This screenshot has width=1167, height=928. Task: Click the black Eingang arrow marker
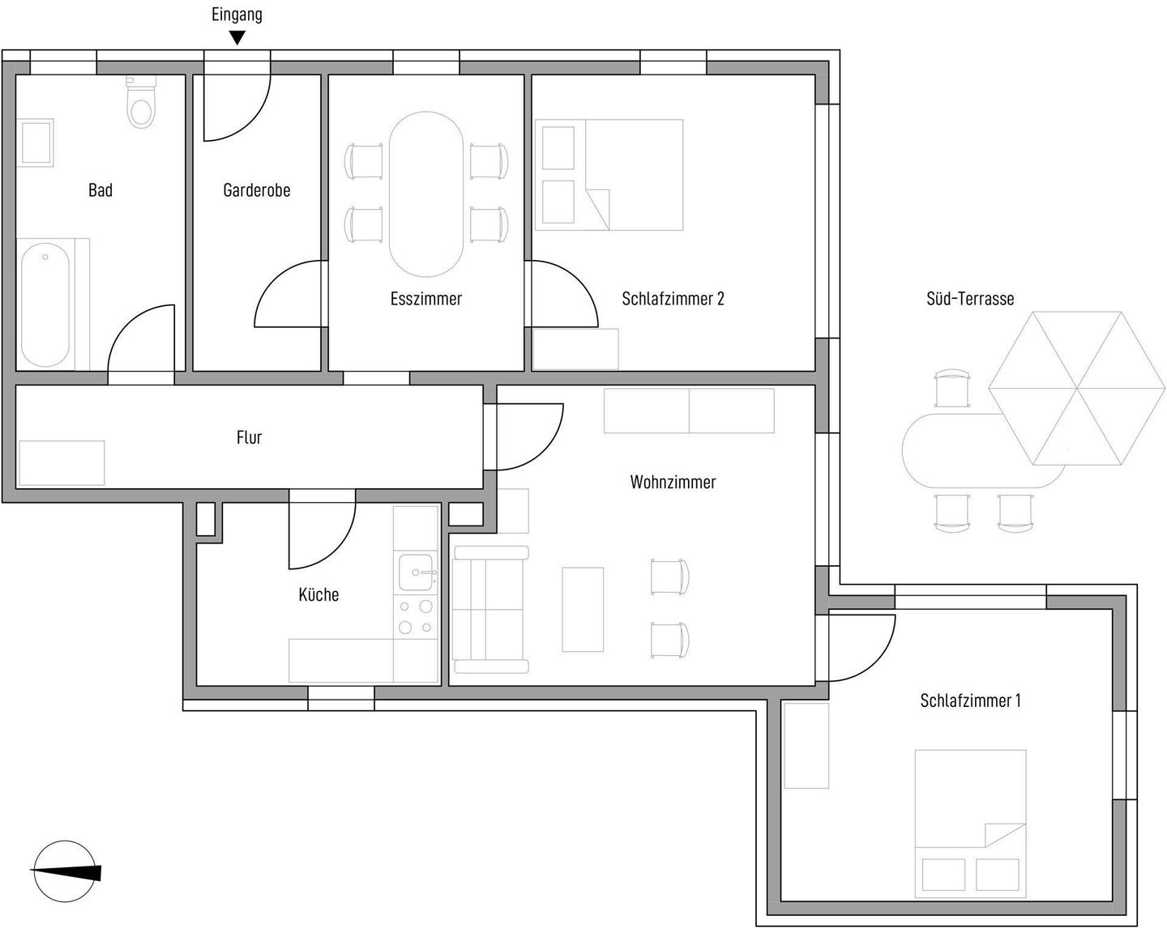[237, 37]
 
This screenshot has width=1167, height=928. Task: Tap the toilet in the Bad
[141, 102]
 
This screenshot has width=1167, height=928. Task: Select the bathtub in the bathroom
[45, 304]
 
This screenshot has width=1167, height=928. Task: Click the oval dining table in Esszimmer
[426, 194]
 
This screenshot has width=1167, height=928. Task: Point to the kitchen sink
[416, 572]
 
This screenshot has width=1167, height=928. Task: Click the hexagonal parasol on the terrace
[1076, 388]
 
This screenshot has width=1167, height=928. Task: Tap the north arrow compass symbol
[65, 871]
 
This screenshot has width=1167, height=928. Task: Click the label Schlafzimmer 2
[673, 299]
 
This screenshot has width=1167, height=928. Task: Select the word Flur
[249, 437]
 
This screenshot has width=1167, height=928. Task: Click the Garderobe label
[257, 190]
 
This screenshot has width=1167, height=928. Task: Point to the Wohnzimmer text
[673, 482]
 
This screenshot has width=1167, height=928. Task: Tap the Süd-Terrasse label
[969, 299]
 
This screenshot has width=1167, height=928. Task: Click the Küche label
[318, 594]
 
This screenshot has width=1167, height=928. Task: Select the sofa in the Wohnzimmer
[490, 610]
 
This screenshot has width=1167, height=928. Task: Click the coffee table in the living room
[583, 609]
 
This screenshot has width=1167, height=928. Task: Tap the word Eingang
[237, 15]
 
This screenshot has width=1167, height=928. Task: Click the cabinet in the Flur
[62, 463]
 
